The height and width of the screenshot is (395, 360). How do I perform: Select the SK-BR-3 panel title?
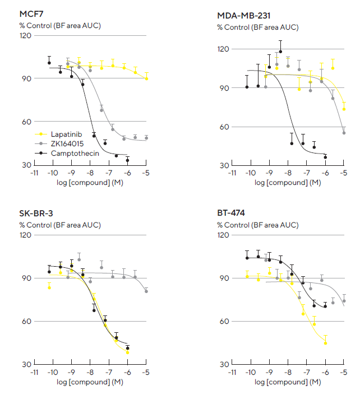pos(35,213)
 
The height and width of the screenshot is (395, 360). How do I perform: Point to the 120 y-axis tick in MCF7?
pos(25,36)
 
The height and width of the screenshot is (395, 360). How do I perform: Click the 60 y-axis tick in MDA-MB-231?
pos(223,127)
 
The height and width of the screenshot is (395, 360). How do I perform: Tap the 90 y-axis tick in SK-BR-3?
pos(25,278)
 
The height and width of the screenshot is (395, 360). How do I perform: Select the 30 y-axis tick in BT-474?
pos(223,365)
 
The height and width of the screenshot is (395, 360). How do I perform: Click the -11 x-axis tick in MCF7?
pos(34,173)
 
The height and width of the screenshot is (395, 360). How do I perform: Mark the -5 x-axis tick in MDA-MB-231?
pos(343,173)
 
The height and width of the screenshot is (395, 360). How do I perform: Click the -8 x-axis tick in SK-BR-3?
pos(90,373)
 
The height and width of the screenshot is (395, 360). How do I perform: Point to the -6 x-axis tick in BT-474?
pos(325,373)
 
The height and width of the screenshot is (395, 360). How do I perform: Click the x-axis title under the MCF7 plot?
pos(90,183)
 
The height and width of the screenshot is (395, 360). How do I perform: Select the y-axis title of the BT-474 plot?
pos(257,225)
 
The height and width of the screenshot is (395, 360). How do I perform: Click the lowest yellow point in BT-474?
pos(325,342)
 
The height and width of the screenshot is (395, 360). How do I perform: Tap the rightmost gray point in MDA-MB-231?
pos(344,133)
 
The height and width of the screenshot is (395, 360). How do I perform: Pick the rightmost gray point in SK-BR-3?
pos(146,291)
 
